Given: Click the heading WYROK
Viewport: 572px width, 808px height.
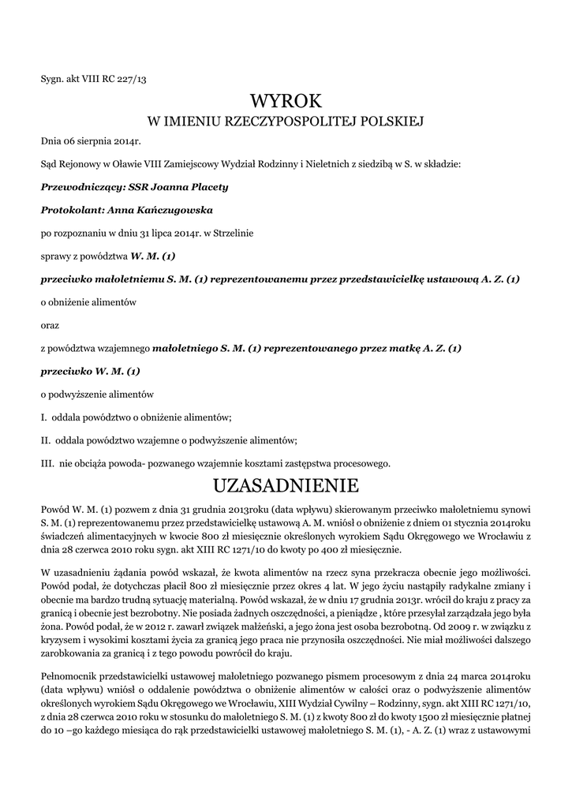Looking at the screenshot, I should click(286, 101).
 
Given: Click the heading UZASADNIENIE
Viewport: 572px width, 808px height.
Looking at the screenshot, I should click(286, 483).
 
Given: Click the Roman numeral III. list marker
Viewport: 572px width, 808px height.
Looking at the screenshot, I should click(47, 462).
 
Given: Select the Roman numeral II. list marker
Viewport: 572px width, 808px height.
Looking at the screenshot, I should click(45, 440).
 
